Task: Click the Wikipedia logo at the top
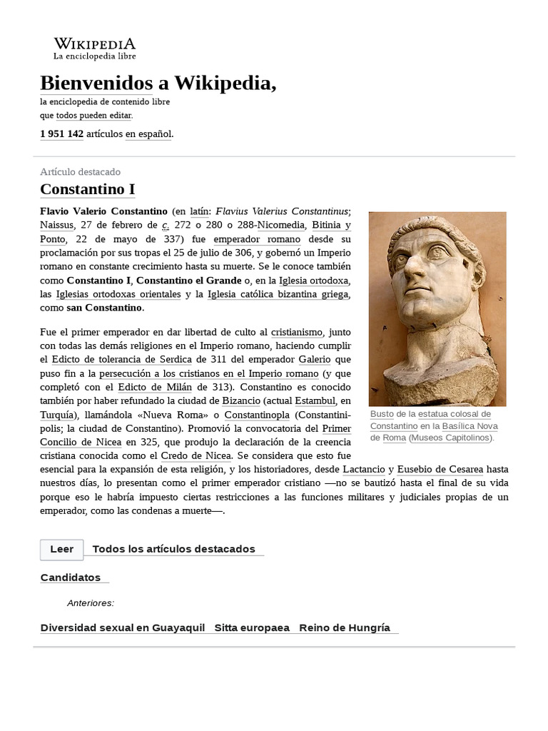coord(94,48)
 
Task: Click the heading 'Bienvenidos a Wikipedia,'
coord(158,83)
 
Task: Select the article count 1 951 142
coord(62,133)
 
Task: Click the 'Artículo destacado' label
coord(80,172)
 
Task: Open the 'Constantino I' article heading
coord(87,189)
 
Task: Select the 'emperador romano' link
coord(257,239)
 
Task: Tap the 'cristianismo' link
coord(297,332)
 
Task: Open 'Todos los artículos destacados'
coord(173,549)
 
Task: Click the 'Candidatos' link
coord(71,577)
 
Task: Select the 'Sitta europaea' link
coord(252,627)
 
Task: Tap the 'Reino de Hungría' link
coord(345,627)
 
